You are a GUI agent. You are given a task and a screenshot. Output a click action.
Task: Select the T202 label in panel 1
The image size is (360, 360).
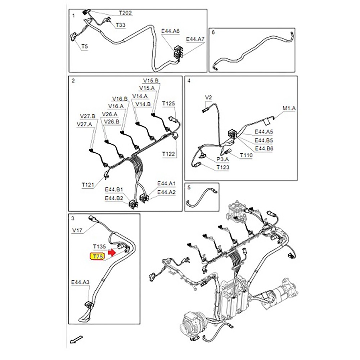[125, 13]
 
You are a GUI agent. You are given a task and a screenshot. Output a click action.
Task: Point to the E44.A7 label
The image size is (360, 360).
[195, 39]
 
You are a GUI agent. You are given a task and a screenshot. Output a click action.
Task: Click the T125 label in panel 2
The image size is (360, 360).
[168, 104]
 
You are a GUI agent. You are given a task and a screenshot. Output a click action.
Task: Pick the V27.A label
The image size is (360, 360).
[85, 124]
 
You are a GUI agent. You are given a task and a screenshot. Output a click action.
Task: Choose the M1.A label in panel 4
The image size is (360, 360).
[289, 108]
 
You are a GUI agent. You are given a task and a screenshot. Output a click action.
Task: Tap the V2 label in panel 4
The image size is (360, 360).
[209, 97]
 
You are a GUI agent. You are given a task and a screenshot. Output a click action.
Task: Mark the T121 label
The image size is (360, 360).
[87, 185]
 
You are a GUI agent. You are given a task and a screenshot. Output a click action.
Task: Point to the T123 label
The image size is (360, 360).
[222, 167]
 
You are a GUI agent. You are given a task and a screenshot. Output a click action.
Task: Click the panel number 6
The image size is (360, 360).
[213, 32]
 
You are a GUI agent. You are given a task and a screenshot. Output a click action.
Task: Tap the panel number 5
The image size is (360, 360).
[189, 188]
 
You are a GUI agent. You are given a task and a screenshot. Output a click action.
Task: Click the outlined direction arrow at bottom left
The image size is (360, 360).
[77, 339]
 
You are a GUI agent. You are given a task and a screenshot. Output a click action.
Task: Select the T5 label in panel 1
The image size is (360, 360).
[84, 46]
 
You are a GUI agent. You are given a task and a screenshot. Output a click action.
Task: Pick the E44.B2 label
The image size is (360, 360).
[114, 198]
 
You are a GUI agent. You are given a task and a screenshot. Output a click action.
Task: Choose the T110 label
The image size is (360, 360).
[246, 156]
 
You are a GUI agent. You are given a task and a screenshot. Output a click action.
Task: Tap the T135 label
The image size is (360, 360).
[99, 247]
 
